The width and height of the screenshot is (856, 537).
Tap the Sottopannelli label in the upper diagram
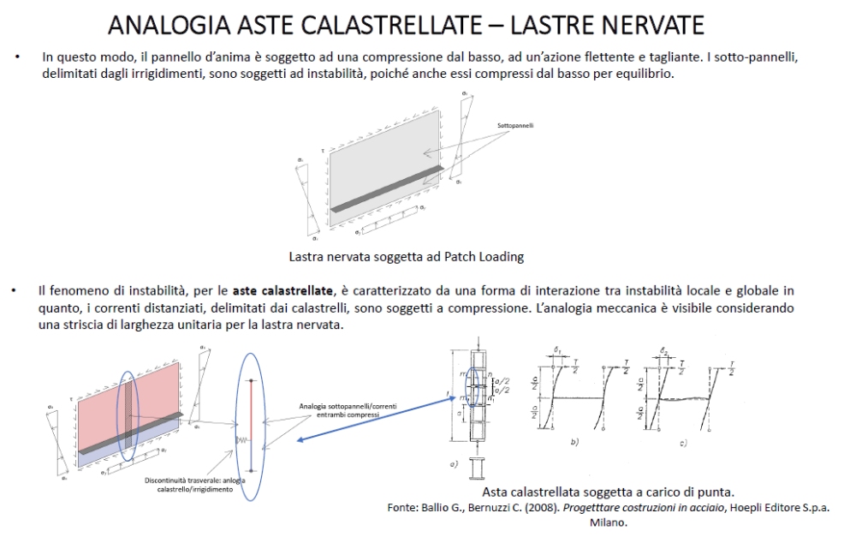[x=516, y=126]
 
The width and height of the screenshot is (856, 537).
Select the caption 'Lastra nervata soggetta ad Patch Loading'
[x=406, y=255]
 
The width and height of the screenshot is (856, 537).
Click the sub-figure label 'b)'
[x=574, y=442]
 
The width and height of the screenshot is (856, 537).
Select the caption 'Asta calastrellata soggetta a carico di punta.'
[x=609, y=492]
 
